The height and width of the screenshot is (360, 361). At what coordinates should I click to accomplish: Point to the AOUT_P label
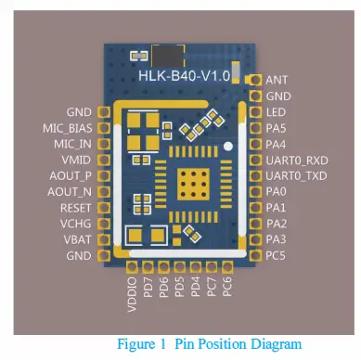pyautogui.click(x=71, y=175)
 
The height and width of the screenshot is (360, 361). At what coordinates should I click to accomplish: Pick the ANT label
pyautogui.click(x=276, y=81)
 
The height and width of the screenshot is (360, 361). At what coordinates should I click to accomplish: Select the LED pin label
pyautogui.click(x=276, y=112)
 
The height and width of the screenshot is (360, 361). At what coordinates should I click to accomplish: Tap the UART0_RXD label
pyautogui.click(x=296, y=160)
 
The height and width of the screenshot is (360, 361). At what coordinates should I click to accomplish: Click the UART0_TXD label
pyautogui.click(x=296, y=175)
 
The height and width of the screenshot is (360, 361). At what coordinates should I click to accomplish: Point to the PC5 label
pyautogui.click(x=276, y=255)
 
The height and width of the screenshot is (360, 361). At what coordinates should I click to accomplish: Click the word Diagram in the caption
pyautogui.click(x=277, y=344)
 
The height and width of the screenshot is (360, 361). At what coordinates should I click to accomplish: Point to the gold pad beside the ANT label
pyautogui.click(x=255, y=81)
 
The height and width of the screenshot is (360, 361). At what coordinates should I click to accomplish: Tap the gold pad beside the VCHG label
pyautogui.click(x=103, y=224)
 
